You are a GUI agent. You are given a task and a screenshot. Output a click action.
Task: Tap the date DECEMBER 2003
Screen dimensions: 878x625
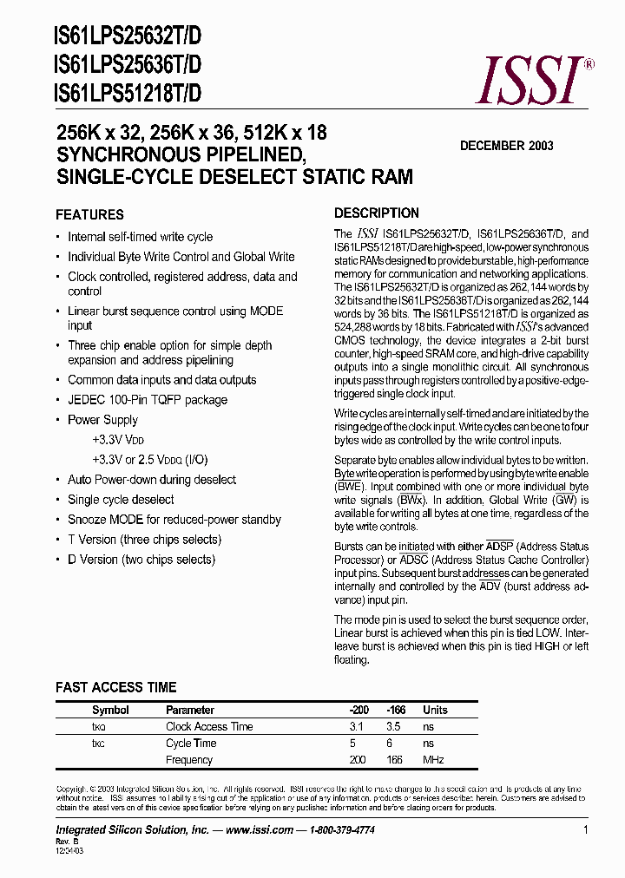coord(506,146)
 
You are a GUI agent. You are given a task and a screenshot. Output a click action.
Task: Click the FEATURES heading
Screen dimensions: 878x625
coord(89,214)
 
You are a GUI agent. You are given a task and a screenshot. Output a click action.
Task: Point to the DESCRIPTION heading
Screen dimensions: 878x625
coord(377,213)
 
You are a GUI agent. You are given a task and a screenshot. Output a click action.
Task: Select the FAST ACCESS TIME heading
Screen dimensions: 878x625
coord(116,687)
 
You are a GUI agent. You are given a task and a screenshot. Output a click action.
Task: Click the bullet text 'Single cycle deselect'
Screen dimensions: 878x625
coord(121,500)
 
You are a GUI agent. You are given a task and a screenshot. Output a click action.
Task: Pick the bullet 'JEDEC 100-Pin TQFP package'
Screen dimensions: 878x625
coord(148,400)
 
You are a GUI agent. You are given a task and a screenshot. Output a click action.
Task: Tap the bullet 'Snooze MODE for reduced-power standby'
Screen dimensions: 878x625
coord(174,520)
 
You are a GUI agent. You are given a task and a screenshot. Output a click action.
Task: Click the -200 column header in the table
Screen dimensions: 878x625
coord(358,710)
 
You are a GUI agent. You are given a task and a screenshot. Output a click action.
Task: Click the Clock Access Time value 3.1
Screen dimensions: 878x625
coord(356,726)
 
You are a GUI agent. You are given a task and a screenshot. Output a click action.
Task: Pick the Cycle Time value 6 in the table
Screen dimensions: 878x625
coord(390,743)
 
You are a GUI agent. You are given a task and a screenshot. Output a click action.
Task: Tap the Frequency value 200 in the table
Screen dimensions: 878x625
coord(358,760)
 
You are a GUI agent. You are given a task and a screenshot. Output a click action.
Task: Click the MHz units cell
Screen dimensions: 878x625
coord(433,760)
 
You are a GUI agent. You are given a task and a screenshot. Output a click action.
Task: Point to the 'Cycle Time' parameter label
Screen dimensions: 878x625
coord(191,743)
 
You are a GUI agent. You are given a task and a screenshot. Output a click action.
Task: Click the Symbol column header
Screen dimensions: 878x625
coord(110,710)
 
